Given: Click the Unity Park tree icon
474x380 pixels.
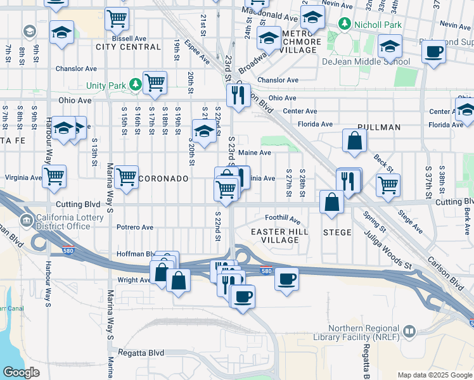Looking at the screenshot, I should coord(135,84).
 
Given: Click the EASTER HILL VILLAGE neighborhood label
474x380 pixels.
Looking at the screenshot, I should coord(279,236).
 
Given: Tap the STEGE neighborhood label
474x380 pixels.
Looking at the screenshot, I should coord(337,232).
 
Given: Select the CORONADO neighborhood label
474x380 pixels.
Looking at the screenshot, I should coord(163,179).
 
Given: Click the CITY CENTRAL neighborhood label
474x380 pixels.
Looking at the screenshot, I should coord(128,47).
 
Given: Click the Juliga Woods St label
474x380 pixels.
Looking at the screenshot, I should coord(388,250).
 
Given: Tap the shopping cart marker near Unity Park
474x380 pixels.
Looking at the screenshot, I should coord(155,82).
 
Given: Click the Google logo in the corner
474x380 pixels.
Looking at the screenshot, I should coord(21,372).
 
